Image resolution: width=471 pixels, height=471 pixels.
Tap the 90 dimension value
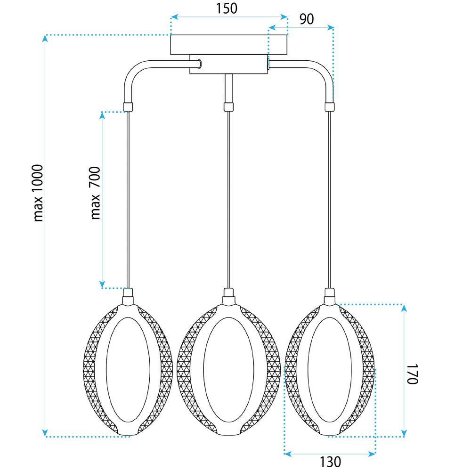[306, 19]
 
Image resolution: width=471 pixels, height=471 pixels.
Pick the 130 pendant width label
[329, 462]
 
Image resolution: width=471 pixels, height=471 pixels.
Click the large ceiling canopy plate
[229, 45]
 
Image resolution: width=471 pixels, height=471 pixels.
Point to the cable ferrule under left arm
[128, 106]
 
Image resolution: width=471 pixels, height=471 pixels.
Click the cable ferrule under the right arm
[330, 106]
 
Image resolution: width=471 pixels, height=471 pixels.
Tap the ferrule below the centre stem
[228, 106]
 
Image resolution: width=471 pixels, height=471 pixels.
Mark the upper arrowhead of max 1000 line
[45, 39]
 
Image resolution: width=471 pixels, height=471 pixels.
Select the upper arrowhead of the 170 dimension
[403, 308]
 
